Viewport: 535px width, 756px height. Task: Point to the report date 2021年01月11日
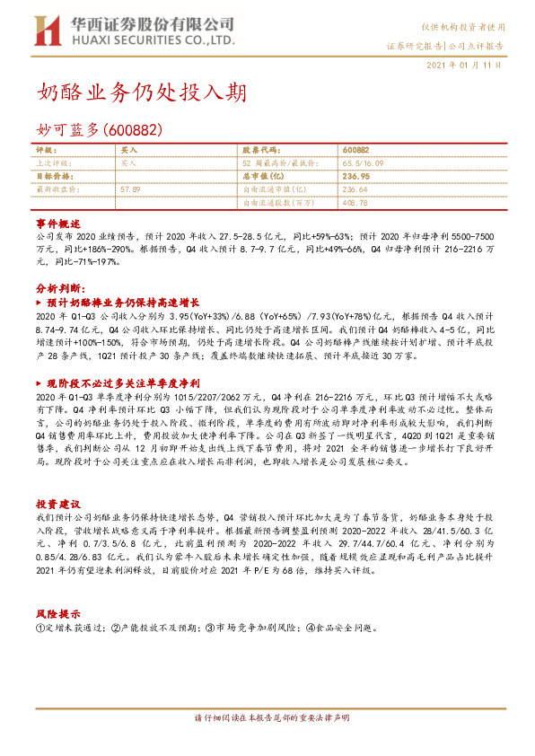(462, 66)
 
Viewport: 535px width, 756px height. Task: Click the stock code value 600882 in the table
(355, 151)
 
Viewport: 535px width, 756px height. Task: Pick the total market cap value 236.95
(356, 177)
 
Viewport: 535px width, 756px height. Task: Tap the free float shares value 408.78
(356, 203)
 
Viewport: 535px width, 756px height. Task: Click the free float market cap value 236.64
(356, 190)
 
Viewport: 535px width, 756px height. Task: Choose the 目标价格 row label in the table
(52, 177)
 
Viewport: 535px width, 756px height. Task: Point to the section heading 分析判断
(59, 289)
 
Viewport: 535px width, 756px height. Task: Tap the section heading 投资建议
(58, 505)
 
